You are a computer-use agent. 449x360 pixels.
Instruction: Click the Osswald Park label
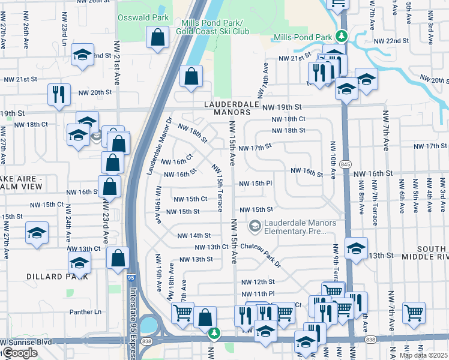click(143, 17)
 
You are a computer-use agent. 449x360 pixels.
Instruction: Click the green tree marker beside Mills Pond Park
click(342, 36)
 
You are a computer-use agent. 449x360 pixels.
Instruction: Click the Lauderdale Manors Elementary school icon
click(255, 226)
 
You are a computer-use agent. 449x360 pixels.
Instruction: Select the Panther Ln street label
click(86, 311)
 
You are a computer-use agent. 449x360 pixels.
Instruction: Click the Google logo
click(20, 353)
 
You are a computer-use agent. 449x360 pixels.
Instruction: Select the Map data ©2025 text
click(423, 355)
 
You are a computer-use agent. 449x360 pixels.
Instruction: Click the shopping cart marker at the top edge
click(338, 3)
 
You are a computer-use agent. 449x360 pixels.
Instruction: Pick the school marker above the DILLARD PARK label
click(79, 262)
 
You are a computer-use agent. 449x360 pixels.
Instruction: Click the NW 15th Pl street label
click(256, 184)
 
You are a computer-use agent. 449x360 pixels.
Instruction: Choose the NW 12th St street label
click(258, 281)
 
